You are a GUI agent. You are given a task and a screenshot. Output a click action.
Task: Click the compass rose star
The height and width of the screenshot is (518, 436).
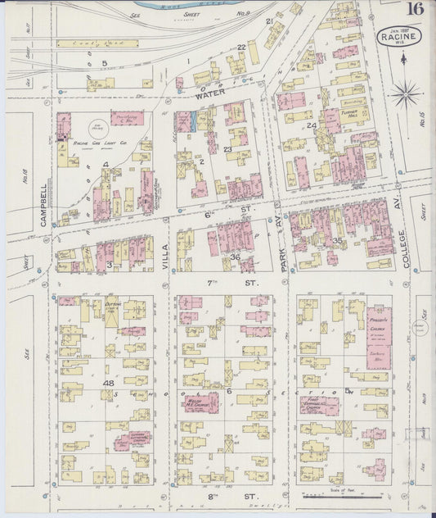tap(405, 94)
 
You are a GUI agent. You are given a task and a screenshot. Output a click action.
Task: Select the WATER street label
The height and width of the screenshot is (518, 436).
tap(209, 94)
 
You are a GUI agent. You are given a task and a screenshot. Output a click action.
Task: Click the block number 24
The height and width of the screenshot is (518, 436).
tap(312, 125)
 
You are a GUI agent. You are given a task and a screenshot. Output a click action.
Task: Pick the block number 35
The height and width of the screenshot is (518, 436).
tap(336, 240)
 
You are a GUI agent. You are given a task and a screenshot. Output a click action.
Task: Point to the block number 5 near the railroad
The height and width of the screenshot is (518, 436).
tap(104, 63)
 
